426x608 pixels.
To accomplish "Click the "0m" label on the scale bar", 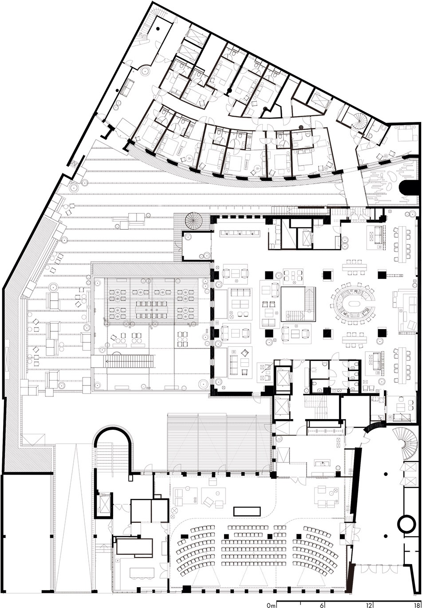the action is point(271,605).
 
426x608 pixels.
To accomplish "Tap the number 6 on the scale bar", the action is point(323,605).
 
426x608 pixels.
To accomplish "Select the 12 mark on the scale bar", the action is point(370,605).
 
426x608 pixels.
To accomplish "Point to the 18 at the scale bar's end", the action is point(417,605).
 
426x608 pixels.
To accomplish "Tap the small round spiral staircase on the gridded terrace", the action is point(193,221).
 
